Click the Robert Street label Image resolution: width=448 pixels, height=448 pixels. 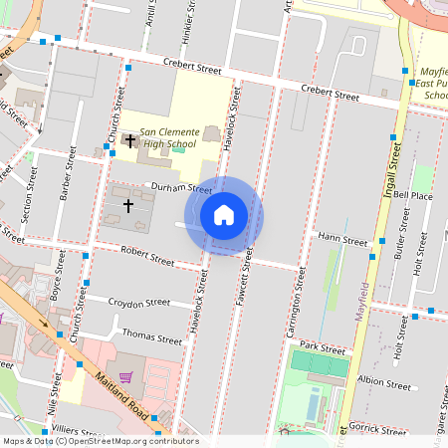147,257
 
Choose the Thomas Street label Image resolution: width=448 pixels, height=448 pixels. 151,336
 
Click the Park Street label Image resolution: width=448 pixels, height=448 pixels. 321,349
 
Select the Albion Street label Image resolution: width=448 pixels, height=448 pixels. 383,383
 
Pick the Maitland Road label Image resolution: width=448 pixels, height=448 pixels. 122,394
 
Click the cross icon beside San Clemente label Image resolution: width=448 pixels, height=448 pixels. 129,140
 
